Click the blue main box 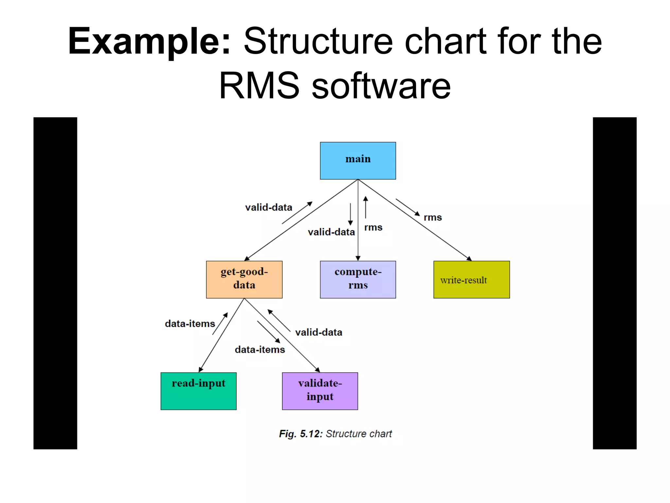point(358,160)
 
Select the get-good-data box point(244,279)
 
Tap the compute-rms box point(358,279)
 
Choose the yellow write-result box point(471,279)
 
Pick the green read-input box point(198,391)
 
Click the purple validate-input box point(320,391)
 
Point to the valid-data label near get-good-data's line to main point(269,207)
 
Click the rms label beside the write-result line point(432,217)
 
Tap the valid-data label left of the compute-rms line point(331,232)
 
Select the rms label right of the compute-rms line point(373,227)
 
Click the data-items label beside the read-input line point(190,324)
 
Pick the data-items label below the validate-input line point(260,350)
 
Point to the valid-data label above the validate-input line point(319,332)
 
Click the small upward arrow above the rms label point(365,207)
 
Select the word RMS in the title point(259,86)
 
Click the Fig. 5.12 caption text point(335,434)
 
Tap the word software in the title point(381,86)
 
